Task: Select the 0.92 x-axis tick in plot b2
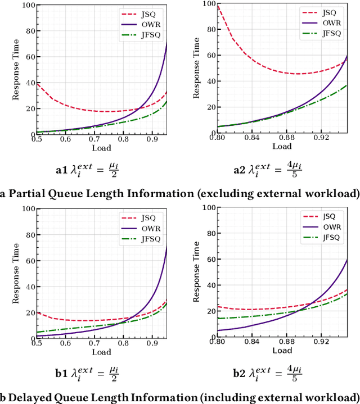[x=321, y=342]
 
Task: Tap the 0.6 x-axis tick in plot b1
[x=64, y=342]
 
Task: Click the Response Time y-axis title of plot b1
[x=15, y=273]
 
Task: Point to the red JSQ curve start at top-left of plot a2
[x=218, y=6]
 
